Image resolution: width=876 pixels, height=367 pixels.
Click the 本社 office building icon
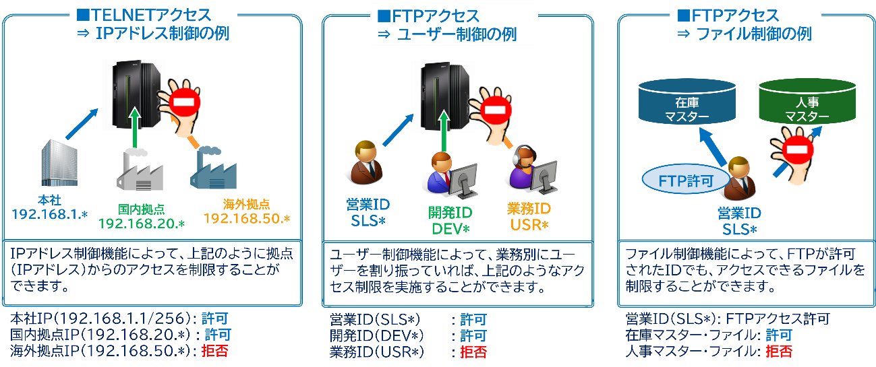58,162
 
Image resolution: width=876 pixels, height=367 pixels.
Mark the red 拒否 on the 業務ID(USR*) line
473,352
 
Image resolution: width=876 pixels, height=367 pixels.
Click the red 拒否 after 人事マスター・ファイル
779,351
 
